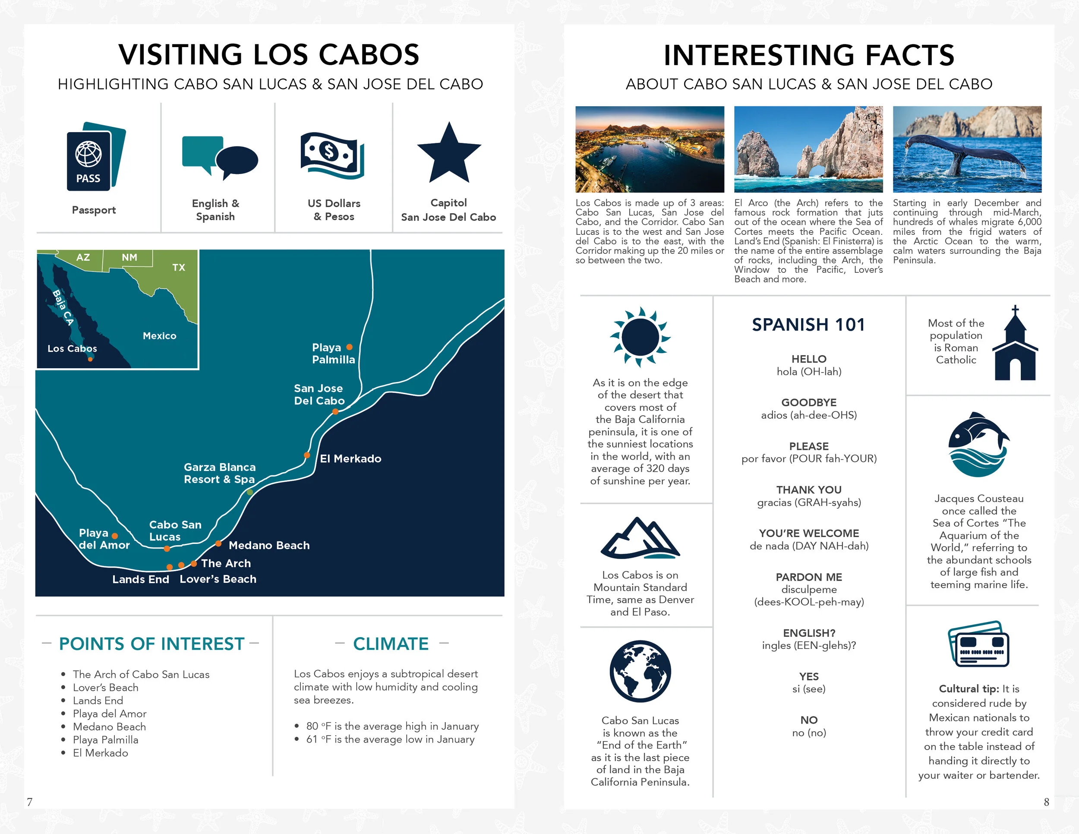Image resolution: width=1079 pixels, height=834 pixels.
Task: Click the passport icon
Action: coord(95,157)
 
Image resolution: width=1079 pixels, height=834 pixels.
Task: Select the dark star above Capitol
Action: coord(448,154)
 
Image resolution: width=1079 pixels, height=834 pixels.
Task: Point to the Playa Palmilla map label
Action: coord(333,353)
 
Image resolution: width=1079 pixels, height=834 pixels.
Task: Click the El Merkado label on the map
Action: coord(350,458)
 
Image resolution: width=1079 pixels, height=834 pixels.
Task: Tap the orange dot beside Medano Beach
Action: coord(218,543)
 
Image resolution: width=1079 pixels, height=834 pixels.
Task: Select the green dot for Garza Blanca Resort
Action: coord(250,492)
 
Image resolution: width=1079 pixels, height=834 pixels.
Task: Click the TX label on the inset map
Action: coord(178,267)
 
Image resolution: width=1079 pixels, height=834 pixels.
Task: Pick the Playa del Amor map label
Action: coord(104,539)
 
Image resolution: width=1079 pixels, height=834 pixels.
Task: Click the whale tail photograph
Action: coord(967,149)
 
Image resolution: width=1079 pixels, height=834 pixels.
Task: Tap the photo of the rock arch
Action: coord(808,149)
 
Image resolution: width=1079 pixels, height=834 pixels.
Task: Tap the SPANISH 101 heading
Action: coord(808,325)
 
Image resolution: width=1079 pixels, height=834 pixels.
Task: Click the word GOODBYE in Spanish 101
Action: coord(808,402)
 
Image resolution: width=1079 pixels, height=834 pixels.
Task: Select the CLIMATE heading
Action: coord(390,644)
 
